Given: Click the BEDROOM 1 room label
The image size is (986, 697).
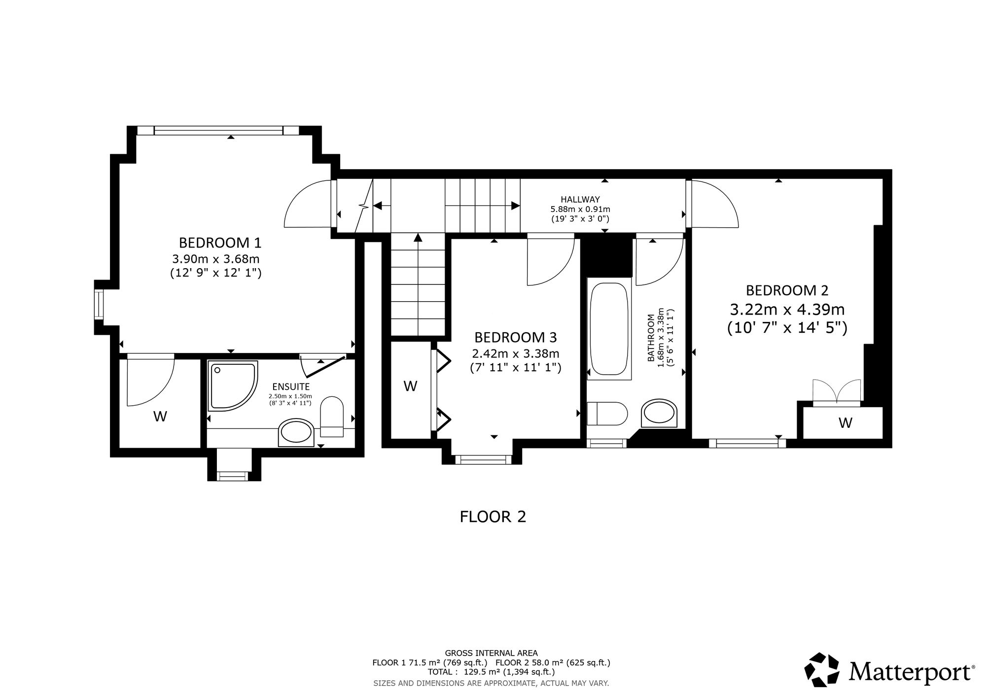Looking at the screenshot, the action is (x=220, y=243).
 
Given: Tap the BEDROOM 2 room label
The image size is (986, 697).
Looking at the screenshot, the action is (x=787, y=290).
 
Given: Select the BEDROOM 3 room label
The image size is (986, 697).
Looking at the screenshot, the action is (x=515, y=338).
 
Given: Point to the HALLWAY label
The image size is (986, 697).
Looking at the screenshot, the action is (x=580, y=200).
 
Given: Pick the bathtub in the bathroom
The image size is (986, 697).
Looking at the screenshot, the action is (x=609, y=328).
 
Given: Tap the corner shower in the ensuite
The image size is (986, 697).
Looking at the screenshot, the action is (x=233, y=385).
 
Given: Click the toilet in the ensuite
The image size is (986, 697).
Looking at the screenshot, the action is (x=332, y=417).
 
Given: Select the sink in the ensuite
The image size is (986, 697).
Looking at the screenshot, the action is (x=296, y=433).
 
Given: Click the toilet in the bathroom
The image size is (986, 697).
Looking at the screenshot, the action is (x=607, y=413).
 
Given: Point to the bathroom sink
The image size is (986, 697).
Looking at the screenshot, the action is (x=660, y=413).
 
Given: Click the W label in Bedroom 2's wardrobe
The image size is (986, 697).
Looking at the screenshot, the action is (x=845, y=422).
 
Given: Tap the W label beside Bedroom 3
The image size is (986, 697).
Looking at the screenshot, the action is (x=411, y=386).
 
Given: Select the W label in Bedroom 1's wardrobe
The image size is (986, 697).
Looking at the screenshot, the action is (x=160, y=417).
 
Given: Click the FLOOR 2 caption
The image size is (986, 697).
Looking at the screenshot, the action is (x=493, y=517).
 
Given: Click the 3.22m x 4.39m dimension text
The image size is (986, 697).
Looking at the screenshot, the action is (x=787, y=310).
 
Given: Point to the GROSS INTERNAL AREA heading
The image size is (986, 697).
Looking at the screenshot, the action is (x=492, y=653).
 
